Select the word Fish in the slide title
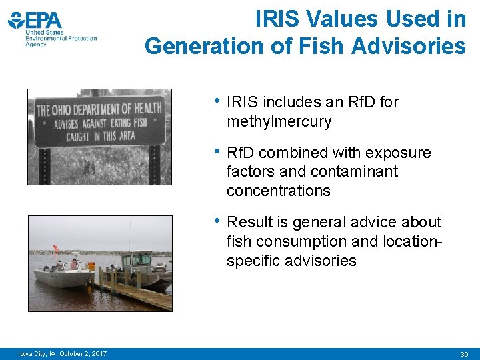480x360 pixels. [x=325, y=46]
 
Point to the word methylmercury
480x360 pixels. [x=279, y=121]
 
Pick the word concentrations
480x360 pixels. [x=278, y=190]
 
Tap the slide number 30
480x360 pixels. [x=464, y=353]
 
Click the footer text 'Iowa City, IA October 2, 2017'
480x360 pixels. [x=63, y=353]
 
